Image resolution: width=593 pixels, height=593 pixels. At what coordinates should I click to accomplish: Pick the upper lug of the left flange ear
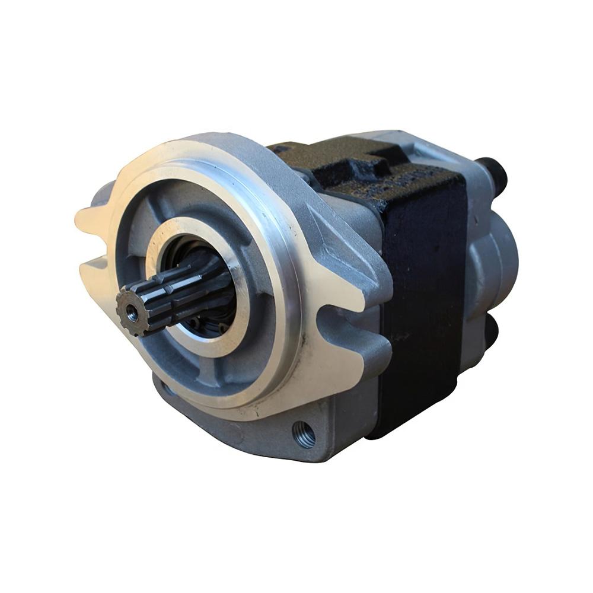[95, 216]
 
